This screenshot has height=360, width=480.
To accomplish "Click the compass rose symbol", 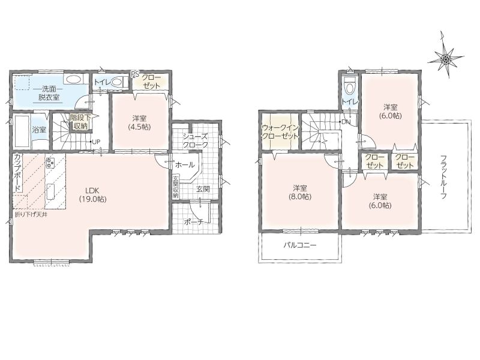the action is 446,57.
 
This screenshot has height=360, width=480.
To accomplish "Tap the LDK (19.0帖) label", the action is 92,194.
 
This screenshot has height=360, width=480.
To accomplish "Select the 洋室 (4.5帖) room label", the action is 139,122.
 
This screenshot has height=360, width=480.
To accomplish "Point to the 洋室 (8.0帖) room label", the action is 299,192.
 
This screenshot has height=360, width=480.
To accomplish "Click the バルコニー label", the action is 299,245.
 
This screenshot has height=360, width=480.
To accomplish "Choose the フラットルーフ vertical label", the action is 443,177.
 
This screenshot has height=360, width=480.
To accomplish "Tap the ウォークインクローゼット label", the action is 280,132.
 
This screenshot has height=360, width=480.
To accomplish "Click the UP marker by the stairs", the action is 96,142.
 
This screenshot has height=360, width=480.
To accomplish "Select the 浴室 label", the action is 39,130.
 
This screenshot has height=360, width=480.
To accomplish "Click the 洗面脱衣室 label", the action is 49,94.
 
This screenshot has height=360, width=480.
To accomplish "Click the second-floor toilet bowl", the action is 349,87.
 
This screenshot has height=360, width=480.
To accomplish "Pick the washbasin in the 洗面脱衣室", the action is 73,80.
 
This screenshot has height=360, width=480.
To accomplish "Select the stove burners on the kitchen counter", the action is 50,162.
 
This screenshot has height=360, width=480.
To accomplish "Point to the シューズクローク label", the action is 195,140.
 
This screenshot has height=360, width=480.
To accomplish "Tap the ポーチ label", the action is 194,222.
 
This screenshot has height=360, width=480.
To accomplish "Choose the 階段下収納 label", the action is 80,122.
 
